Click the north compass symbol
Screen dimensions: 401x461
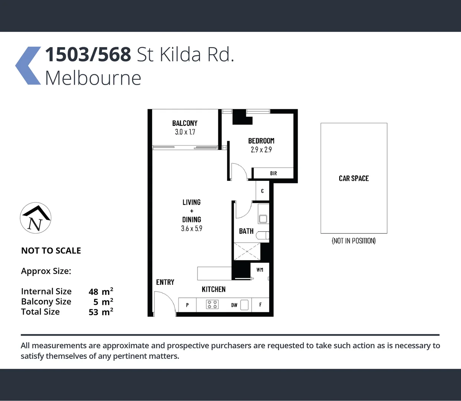point(36,218)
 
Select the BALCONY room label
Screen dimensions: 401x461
point(184,123)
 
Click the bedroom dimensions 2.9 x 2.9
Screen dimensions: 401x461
point(261,150)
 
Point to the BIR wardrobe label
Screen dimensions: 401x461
point(274,173)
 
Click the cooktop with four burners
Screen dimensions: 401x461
point(212,305)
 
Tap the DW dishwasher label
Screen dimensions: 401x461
point(234,305)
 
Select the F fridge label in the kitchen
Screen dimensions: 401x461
point(261,305)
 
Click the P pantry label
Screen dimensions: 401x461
point(187,305)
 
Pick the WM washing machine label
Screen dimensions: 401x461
point(260,270)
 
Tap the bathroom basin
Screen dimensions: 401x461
point(263,219)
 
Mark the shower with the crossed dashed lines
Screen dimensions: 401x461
point(247,251)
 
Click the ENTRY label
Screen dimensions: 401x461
point(165,282)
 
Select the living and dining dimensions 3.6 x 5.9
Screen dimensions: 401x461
point(192,229)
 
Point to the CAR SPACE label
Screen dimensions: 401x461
point(354,179)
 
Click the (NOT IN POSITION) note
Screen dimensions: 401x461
point(354,241)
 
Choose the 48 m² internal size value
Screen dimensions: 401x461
point(101,291)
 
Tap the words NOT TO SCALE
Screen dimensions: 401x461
point(51,251)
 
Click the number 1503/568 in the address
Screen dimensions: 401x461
point(88,55)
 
